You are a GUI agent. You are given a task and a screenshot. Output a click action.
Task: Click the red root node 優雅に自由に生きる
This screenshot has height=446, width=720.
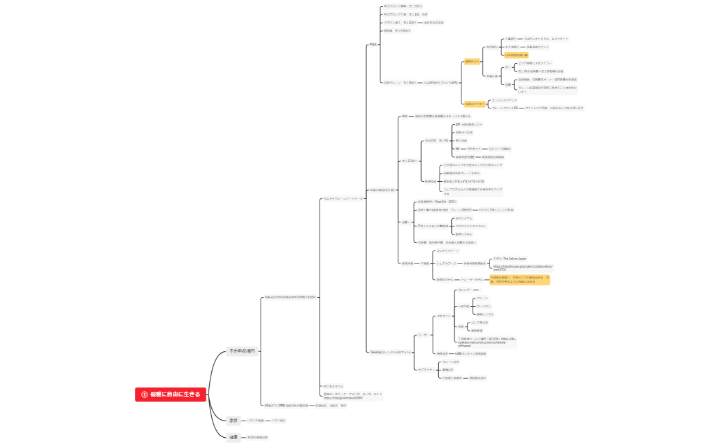(171, 394)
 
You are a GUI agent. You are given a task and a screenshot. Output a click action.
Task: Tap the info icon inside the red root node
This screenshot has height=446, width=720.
(144, 394)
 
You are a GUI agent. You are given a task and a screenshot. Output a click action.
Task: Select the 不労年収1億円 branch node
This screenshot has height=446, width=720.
(241, 351)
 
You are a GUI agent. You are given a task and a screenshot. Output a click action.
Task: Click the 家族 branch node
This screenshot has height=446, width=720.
(233, 420)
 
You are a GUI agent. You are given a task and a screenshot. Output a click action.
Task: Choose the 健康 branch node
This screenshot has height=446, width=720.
(233, 436)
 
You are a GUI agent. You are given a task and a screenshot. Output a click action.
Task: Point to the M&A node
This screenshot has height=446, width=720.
(374, 45)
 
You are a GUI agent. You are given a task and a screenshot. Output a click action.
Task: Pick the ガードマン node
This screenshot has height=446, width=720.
(484, 306)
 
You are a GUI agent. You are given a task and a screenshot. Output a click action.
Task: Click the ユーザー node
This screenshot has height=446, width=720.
(423, 335)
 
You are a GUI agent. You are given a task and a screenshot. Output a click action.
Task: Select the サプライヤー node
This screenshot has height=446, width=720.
(426, 370)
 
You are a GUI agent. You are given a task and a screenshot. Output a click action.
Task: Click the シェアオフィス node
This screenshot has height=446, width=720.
(446, 263)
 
